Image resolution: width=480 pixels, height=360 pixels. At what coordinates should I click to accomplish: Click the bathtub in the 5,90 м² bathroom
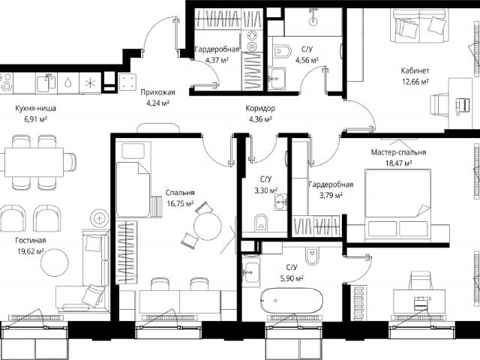pos(292,300)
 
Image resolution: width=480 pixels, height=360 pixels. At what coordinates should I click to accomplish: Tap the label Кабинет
pos(415,70)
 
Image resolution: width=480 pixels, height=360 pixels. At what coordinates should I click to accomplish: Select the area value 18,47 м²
pos(398,163)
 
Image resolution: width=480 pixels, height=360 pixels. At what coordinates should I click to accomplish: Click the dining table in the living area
pos(34,162)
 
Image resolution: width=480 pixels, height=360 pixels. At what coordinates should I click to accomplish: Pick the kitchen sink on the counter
pos(46,83)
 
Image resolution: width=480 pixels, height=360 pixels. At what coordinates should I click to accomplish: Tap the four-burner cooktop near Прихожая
pos(127,82)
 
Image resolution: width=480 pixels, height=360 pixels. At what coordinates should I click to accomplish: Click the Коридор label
pos(260,108)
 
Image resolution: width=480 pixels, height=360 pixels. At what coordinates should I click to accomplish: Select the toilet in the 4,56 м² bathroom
pos(282,51)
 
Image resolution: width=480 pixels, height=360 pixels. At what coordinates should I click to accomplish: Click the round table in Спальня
pos(207,226)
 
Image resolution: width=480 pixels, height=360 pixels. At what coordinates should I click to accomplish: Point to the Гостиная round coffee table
pos(55,262)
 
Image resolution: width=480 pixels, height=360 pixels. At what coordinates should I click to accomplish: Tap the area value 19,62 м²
pos(30,251)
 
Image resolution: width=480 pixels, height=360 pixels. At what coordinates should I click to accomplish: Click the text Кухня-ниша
pos(35,108)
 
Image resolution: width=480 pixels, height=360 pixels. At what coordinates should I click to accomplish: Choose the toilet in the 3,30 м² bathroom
pos(261,223)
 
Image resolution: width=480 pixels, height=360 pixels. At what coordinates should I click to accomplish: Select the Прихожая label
pos(157,92)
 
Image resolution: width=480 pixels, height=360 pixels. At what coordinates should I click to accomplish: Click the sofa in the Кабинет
pos(418,25)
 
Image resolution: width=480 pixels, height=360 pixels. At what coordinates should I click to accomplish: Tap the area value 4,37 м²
pos(217,60)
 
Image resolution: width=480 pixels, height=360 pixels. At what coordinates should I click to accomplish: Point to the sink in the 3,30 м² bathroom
pos(281,202)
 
